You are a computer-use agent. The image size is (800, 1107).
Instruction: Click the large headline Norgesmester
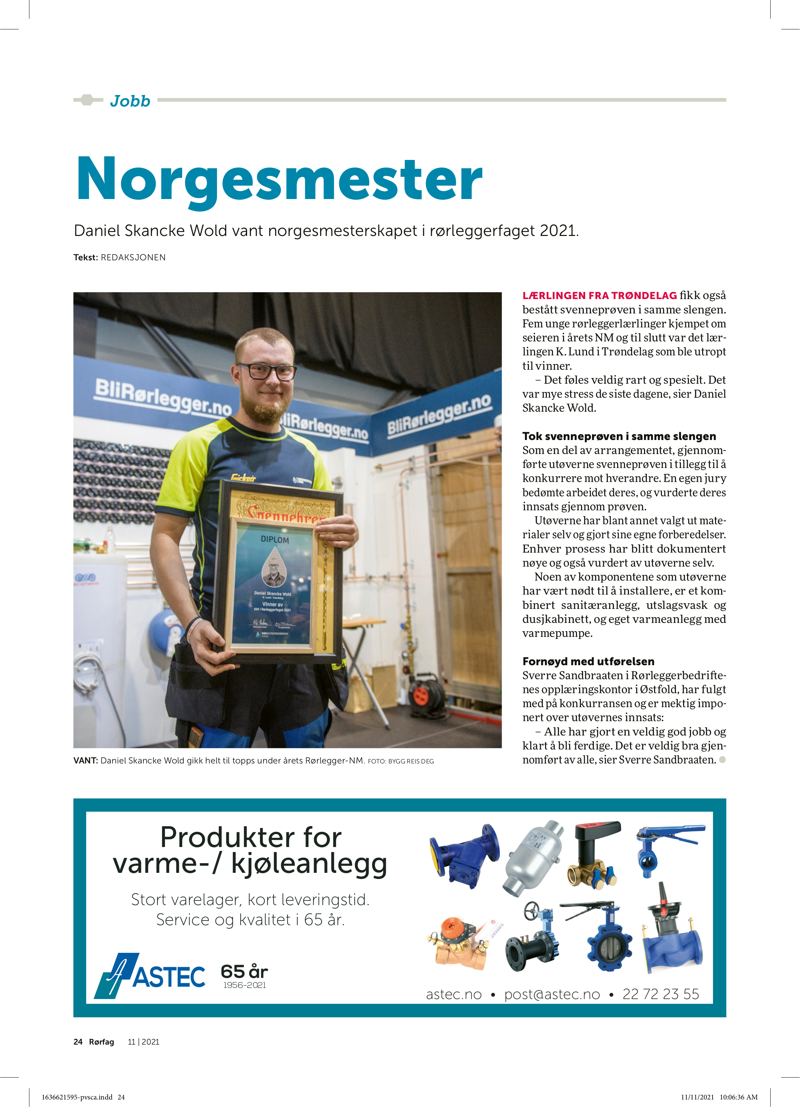pyautogui.click(x=279, y=180)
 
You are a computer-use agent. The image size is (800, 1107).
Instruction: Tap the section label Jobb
pyautogui.click(x=130, y=101)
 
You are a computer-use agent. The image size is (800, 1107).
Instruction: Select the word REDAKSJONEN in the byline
pyautogui.click(x=133, y=257)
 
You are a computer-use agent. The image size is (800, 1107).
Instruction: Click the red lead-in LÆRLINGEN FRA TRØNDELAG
pyautogui.click(x=600, y=295)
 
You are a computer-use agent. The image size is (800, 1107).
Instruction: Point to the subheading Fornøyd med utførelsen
pyautogui.click(x=588, y=661)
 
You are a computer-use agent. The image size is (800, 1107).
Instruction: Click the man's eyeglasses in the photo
pyautogui.click(x=266, y=372)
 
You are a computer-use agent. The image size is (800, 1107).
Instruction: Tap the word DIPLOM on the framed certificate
pyautogui.click(x=274, y=539)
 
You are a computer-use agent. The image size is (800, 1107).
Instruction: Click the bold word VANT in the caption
pyautogui.click(x=85, y=761)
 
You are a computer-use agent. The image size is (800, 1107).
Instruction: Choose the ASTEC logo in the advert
pyautogui.click(x=150, y=975)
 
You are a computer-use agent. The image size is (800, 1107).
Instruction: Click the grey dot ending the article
pyautogui.click(x=723, y=760)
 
